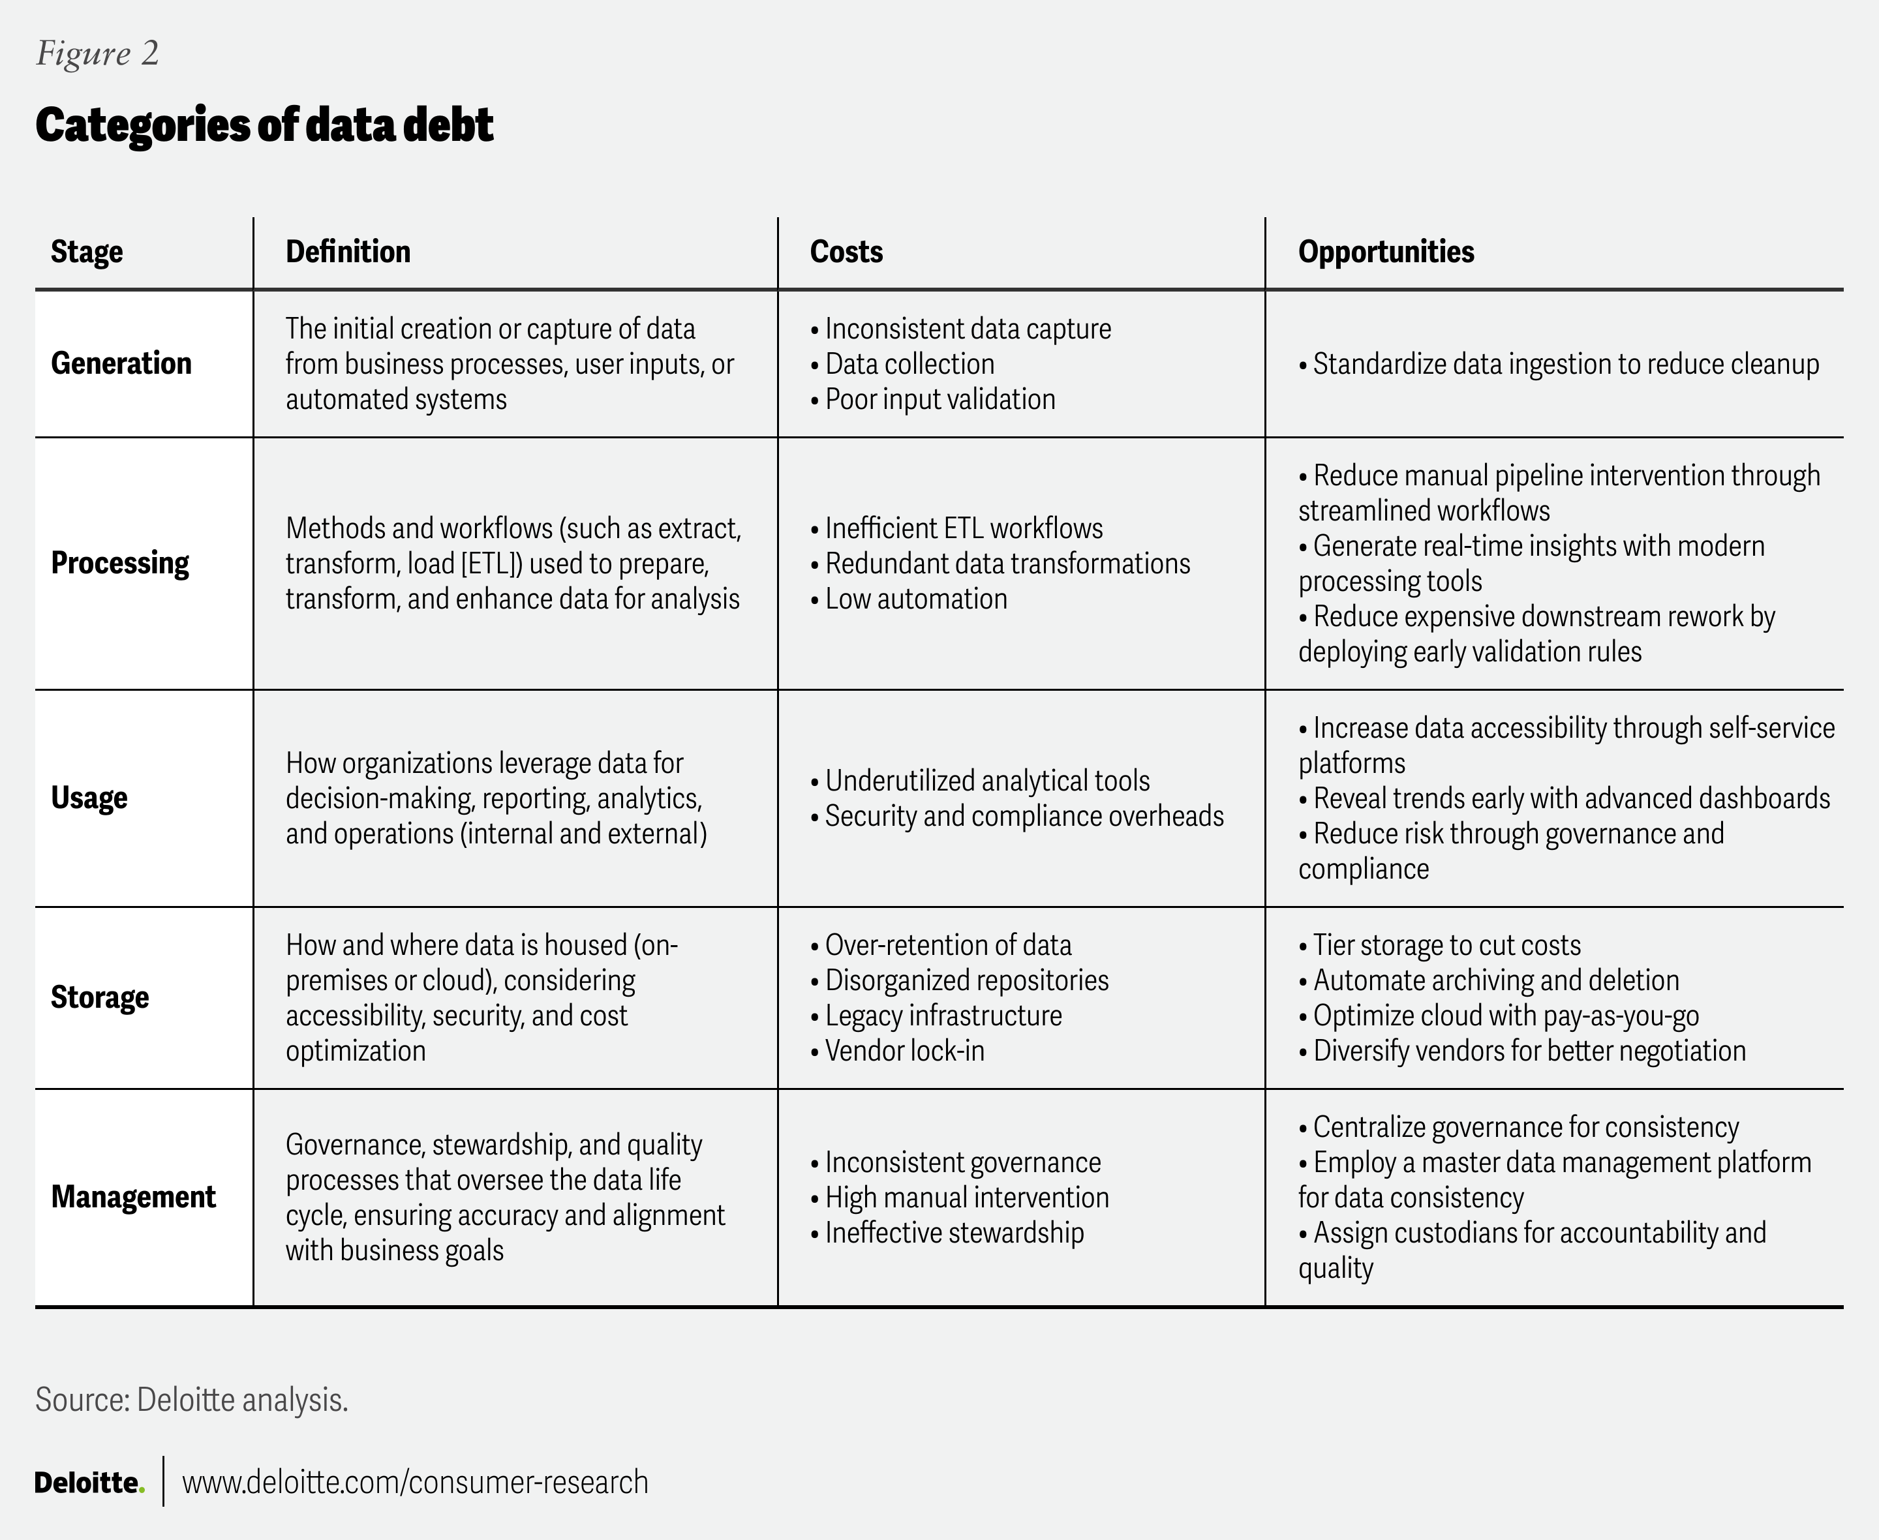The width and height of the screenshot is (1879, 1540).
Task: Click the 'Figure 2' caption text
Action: click(98, 53)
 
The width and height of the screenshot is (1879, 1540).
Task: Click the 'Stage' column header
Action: click(86, 252)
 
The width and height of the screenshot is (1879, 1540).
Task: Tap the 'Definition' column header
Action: click(348, 252)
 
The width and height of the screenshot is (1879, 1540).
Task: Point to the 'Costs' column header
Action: click(846, 252)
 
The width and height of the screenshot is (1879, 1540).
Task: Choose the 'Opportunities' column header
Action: click(1385, 252)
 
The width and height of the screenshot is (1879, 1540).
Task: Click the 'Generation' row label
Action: click(121, 364)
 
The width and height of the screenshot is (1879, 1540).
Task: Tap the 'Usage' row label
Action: click(89, 798)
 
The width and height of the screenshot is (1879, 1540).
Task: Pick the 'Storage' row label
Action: click(99, 998)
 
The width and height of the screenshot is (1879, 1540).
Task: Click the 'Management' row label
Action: click(133, 1198)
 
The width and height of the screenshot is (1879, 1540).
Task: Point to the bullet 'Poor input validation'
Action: click(939, 399)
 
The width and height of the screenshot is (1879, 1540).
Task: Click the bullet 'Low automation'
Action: click(915, 599)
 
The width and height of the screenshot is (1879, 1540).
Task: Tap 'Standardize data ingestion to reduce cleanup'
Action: click(1565, 364)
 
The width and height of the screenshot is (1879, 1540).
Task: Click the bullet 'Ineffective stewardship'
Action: click(954, 1233)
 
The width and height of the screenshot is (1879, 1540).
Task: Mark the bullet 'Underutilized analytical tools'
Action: click(986, 781)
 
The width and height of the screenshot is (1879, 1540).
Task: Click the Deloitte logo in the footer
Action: click(89, 1483)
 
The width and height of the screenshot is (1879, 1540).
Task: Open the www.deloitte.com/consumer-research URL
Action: click(415, 1483)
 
